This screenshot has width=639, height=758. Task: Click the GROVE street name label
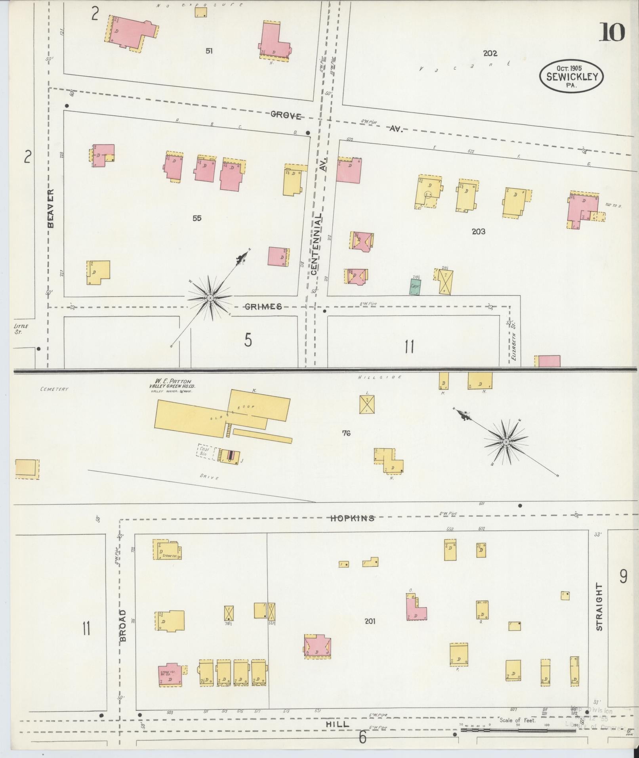pyautogui.click(x=286, y=116)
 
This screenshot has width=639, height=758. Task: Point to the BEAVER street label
pyautogui.click(x=51, y=208)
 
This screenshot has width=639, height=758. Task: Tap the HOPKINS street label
pyautogui.click(x=352, y=518)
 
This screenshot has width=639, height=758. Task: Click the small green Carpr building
pyautogui.click(x=415, y=287)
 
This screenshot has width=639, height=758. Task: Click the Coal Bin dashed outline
pyautogui.click(x=206, y=451)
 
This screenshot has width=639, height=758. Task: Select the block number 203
pyautogui.click(x=478, y=231)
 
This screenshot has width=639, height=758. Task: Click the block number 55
pyautogui.click(x=197, y=218)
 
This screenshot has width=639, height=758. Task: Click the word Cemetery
pyautogui.click(x=54, y=389)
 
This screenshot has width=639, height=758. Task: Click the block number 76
pyautogui.click(x=346, y=433)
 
